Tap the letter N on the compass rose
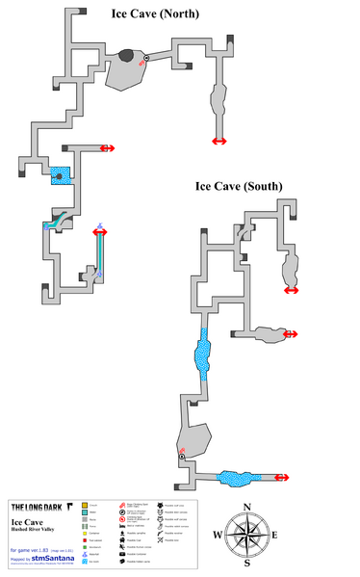(x=247, y=508)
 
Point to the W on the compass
(x=217, y=537)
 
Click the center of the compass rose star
(x=247, y=537)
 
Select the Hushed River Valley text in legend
(x=37, y=530)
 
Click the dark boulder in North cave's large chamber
(x=126, y=56)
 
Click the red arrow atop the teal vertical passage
(x=100, y=231)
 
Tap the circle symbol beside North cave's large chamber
(x=146, y=60)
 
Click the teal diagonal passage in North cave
(x=58, y=219)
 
